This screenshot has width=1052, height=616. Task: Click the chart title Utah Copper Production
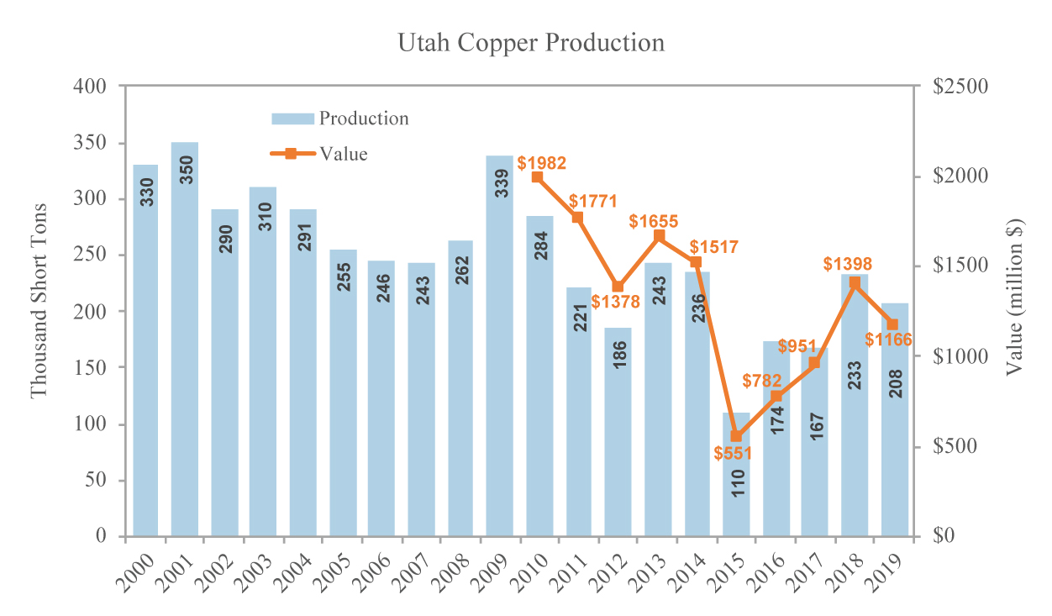tap(531, 43)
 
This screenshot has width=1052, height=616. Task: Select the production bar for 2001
tap(185, 336)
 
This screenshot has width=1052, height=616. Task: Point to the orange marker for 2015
tap(736, 436)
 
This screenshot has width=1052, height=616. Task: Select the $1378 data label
tap(616, 302)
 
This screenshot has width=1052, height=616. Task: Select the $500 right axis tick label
tap(955, 446)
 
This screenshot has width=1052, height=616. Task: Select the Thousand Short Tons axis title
tap(39, 310)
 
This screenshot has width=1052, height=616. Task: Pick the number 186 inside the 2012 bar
tap(619, 359)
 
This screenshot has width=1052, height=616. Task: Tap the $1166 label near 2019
tap(889, 340)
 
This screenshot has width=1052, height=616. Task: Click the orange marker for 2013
tap(658, 236)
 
